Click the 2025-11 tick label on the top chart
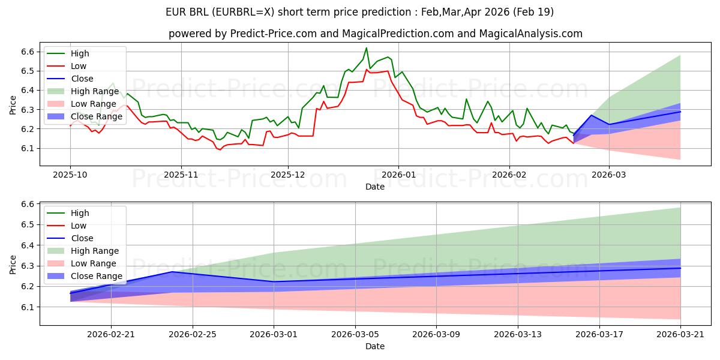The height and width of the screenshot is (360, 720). coord(181,175)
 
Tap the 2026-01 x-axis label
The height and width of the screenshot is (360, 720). coord(398,175)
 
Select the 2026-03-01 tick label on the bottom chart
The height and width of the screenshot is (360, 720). coord(274,335)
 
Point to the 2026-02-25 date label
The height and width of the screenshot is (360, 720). coord(193,335)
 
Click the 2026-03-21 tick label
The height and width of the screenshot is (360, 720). coord(680,335)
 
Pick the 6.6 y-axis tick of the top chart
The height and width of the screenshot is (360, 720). coord(28,52)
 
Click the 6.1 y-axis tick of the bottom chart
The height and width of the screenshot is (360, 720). coord(28,307)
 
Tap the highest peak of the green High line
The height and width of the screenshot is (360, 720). coord(366,48)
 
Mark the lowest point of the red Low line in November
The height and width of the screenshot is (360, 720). coord(220,150)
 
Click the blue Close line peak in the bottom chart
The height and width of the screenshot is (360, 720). coord(172,272)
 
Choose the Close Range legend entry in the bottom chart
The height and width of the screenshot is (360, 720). coord(85,276)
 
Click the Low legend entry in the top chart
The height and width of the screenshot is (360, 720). coord(67,66)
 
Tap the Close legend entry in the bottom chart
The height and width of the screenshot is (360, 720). coord(70,238)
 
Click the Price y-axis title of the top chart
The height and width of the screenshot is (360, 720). coord(13,105)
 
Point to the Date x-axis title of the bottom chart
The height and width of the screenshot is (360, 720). coord(375,346)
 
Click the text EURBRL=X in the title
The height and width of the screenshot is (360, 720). coord(244,12)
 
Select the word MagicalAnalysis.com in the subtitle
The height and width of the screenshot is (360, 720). coord(530,34)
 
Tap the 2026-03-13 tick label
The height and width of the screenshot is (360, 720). coord(517,335)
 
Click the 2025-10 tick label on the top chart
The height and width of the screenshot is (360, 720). coord(70,175)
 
